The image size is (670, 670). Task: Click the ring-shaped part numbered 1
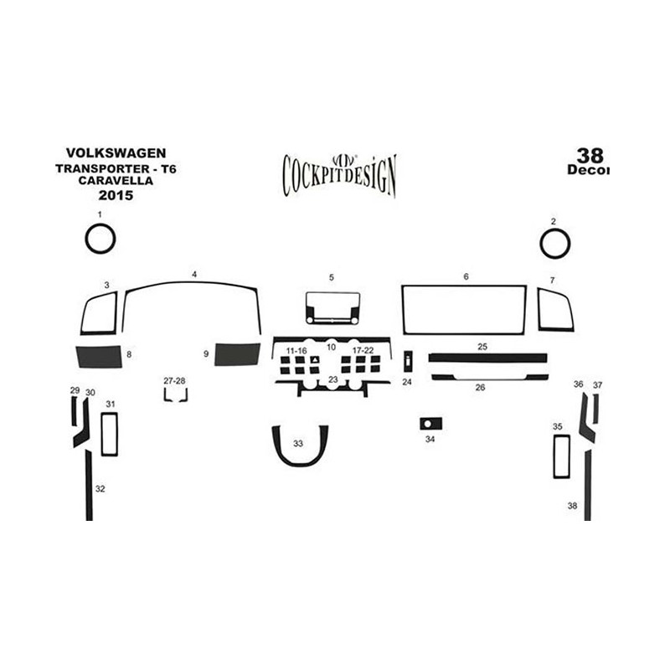point(87,240)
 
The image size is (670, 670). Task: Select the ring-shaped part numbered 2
point(541,244)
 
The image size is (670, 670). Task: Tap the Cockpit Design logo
point(340,175)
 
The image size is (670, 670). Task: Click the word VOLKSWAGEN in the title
point(116,153)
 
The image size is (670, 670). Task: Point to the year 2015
point(116,195)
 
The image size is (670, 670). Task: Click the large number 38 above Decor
point(590,156)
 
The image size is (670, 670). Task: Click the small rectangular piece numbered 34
point(430,424)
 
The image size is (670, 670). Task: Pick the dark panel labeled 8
point(99,357)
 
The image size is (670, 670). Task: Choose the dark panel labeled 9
point(237,354)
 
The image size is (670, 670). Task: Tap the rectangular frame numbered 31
point(102,434)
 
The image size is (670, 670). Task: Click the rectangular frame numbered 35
point(554,456)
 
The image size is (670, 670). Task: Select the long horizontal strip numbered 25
point(487,358)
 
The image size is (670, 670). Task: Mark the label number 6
point(466,276)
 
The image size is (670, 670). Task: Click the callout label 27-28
point(174,381)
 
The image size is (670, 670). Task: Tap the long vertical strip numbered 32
point(89,485)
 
